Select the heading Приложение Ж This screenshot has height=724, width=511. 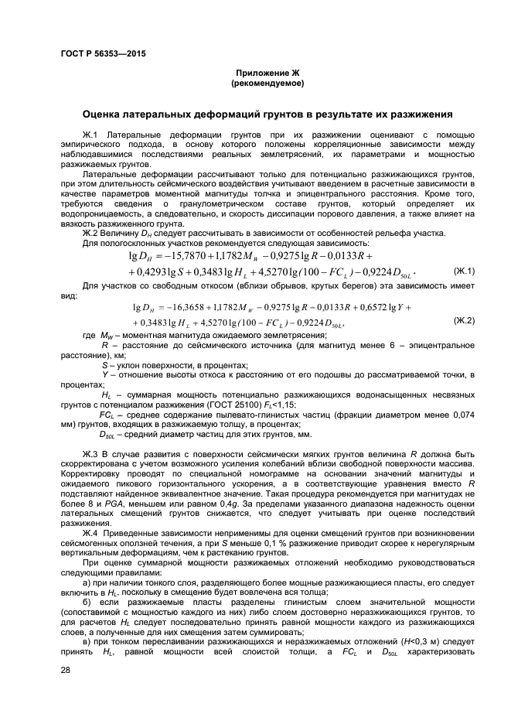point(267,72)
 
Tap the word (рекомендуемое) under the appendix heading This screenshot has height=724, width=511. point(267,82)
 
